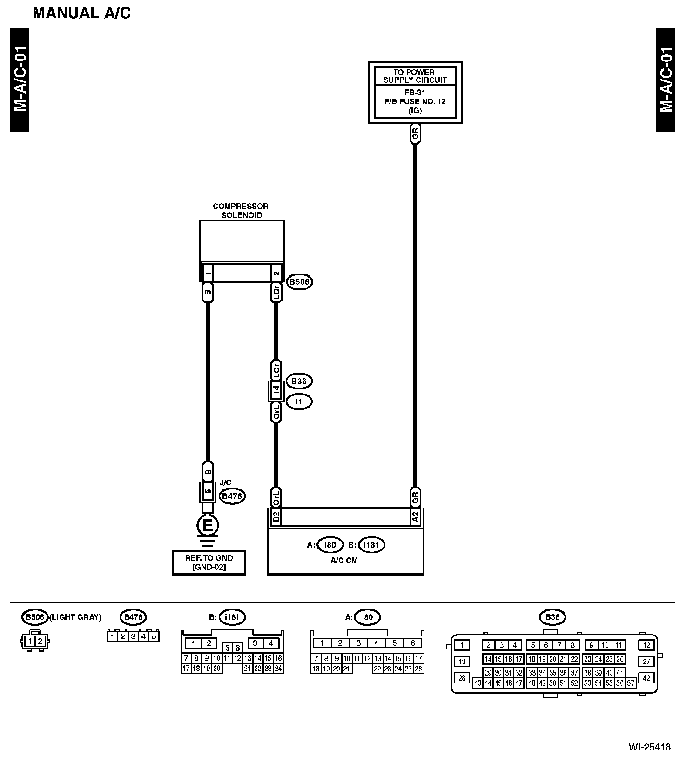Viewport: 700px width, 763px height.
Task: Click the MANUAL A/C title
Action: click(81, 13)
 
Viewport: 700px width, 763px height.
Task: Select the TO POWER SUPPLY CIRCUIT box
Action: click(415, 92)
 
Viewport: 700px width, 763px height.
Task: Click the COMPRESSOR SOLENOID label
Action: click(241, 211)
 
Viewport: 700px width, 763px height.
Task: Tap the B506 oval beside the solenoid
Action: click(299, 282)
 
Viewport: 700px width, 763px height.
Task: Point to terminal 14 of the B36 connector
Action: click(276, 391)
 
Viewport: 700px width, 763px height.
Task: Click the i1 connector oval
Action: click(299, 402)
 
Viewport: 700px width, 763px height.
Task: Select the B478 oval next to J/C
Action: click(232, 496)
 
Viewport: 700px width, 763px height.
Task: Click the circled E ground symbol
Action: click(208, 526)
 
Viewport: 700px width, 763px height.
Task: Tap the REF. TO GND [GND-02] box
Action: click(209, 562)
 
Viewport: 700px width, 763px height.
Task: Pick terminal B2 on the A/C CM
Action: click(276, 516)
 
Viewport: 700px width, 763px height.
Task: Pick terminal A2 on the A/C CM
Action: click(415, 516)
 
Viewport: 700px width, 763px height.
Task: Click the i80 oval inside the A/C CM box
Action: click(330, 545)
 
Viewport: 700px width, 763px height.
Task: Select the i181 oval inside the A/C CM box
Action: click(372, 545)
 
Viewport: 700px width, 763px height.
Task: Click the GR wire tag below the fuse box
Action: click(415, 134)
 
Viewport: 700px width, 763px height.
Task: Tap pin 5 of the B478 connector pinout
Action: click(154, 636)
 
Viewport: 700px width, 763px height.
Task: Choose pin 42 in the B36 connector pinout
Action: click(646, 678)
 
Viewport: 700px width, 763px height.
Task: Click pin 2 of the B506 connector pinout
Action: click(40, 641)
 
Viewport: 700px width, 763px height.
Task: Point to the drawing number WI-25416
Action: click(649, 747)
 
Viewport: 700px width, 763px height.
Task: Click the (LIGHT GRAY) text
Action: click(75, 617)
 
